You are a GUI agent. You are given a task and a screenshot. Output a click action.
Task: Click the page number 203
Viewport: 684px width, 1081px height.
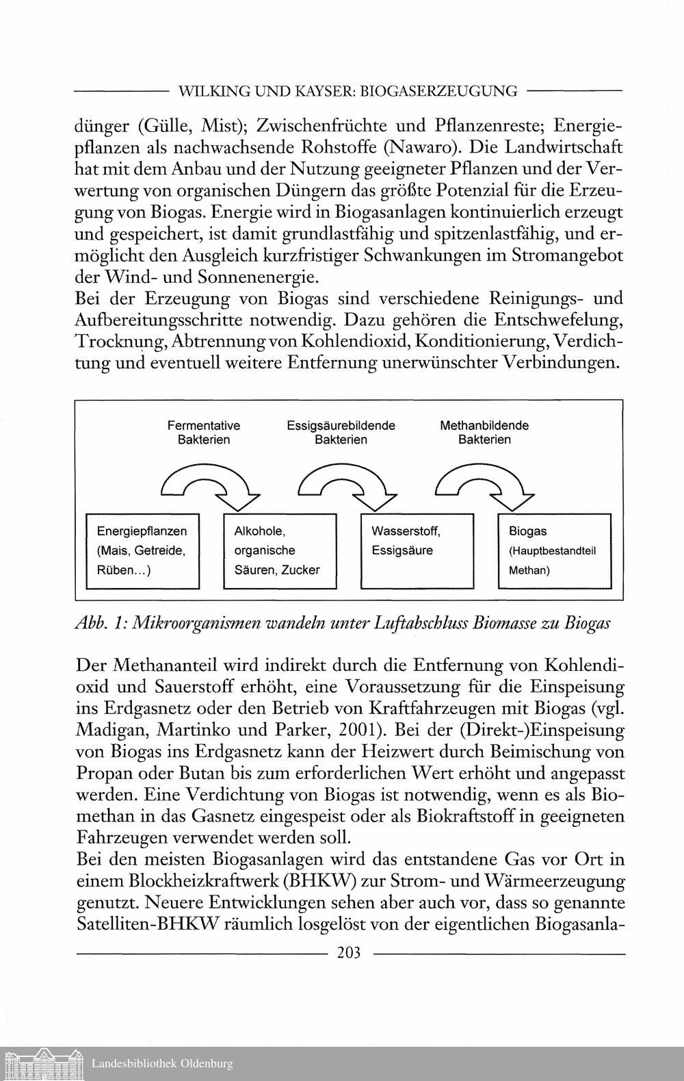click(x=349, y=952)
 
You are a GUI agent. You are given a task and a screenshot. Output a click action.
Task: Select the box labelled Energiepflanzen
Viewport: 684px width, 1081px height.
click(x=142, y=550)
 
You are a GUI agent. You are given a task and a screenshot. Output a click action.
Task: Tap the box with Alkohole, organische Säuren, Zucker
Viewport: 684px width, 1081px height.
click(x=280, y=550)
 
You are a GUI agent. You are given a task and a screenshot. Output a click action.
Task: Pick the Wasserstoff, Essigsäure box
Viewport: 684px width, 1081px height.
click(x=417, y=550)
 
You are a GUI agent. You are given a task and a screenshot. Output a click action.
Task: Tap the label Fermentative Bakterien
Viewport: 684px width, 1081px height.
click(x=204, y=432)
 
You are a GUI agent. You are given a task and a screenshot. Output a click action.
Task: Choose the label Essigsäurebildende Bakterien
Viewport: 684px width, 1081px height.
click(x=341, y=432)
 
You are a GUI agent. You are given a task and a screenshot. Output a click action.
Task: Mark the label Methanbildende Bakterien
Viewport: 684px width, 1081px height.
click(x=484, y=432)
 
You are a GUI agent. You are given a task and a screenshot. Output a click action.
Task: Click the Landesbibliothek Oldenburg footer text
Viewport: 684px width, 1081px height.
click(x=162, y=1063)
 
